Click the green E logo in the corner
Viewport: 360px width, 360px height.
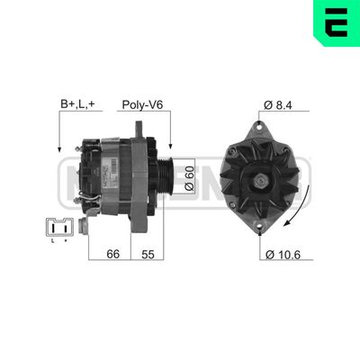coord(335,23)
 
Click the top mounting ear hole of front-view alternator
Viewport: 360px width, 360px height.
coord(264,124)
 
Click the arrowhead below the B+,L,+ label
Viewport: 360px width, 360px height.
coord(58,146)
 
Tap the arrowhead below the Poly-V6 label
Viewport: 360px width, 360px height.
coord(167,146)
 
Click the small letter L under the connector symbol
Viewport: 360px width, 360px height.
coord(52,241)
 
